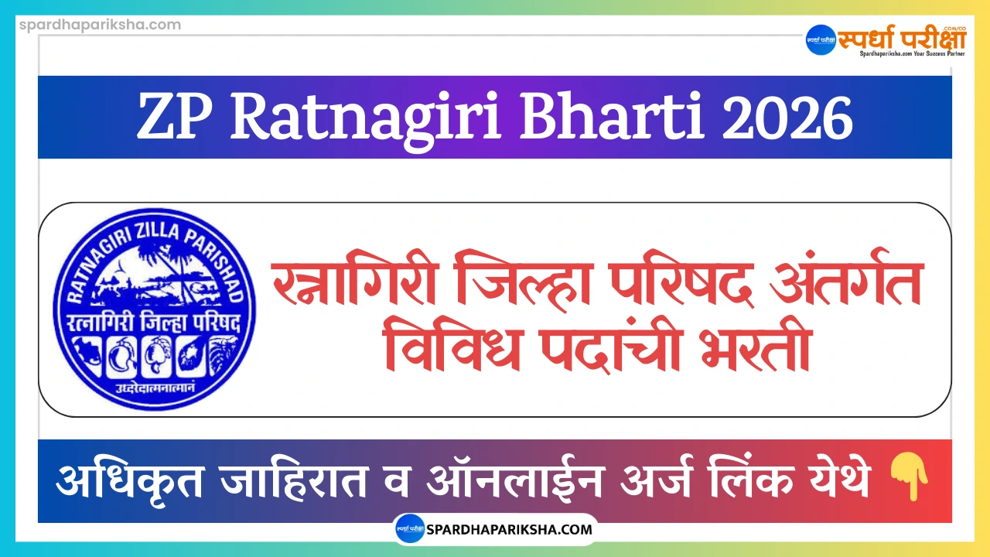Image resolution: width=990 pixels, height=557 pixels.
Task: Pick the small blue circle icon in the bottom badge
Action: point(409,530)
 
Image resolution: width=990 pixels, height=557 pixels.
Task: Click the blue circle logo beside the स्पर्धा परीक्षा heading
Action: point(821,40)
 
